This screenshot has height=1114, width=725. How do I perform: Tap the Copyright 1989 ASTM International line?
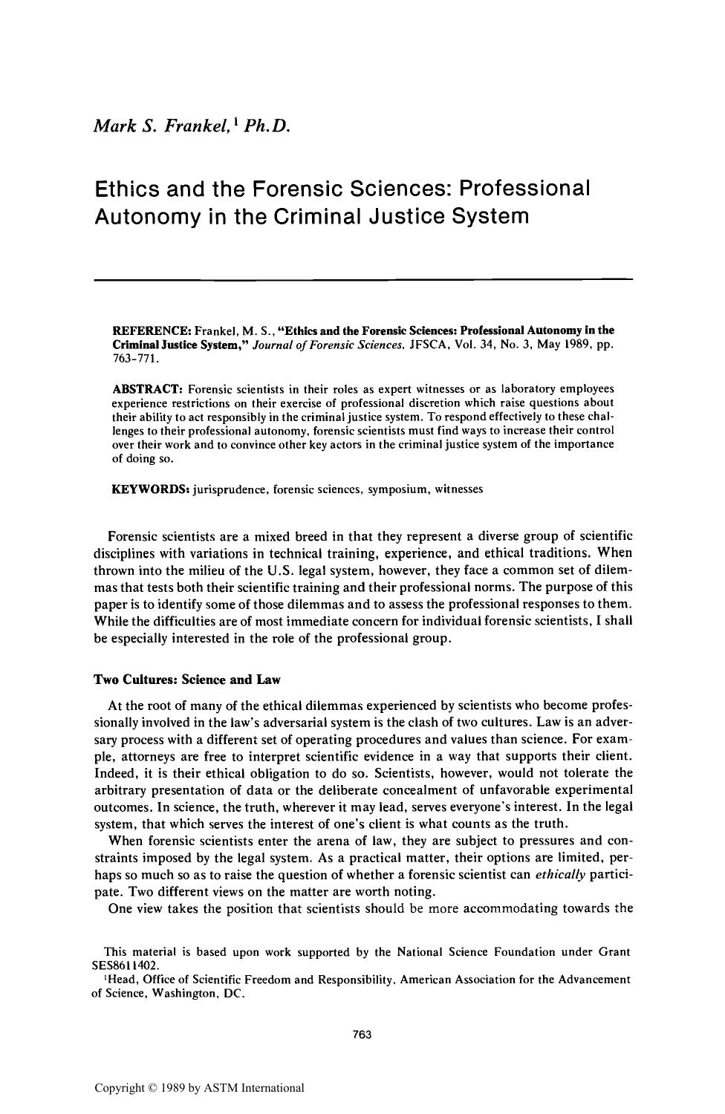point(199,1088)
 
